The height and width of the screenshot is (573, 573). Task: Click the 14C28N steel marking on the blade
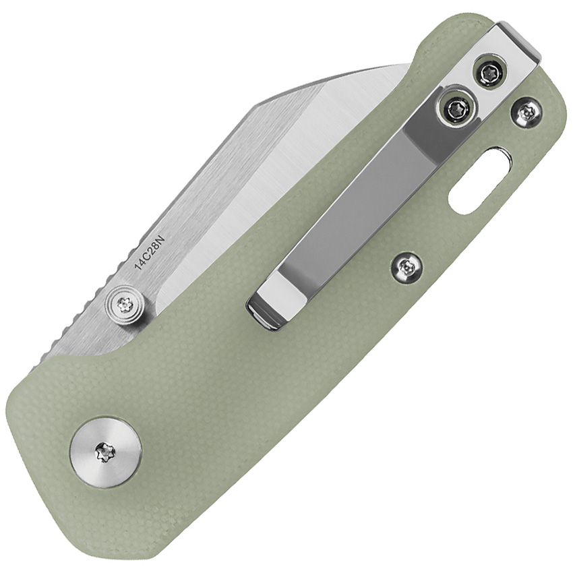click(150, 253)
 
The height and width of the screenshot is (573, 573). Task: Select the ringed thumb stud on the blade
click(125, 305)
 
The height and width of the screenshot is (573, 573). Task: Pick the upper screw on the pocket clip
click(489, 72)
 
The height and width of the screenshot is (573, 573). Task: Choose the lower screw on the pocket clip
click(457, 107)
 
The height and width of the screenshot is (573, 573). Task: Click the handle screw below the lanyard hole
click(406, 269)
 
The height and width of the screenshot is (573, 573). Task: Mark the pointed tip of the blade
click(409, 65)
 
